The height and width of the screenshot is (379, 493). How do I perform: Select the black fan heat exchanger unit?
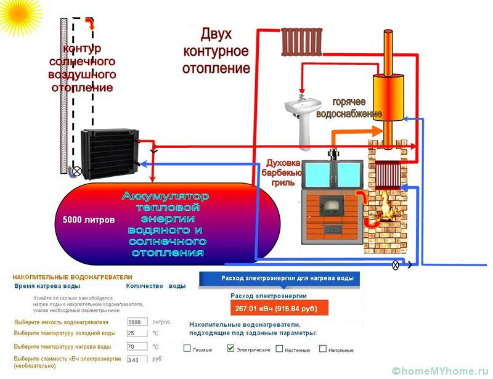click(108, 152)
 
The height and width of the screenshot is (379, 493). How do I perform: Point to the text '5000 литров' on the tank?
click(88, 219)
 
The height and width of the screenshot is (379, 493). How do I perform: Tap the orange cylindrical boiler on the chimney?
click(388, 96)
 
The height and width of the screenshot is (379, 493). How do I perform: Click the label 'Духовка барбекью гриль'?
click(282, 173)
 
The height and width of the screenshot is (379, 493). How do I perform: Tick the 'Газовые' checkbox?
click(187, 349)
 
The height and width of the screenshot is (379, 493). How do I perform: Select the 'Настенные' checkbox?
click(279, 349)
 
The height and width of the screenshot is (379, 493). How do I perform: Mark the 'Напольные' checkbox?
click(323, 349)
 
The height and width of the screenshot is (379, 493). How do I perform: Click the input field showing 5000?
click(137, 322)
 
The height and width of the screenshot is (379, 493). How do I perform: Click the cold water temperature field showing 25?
click(137, 333)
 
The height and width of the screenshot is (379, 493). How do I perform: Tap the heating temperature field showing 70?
click(137, 346)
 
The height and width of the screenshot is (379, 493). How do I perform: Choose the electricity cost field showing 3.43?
click(137, 359)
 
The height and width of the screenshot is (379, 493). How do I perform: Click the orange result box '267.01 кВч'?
click(279, 308)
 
